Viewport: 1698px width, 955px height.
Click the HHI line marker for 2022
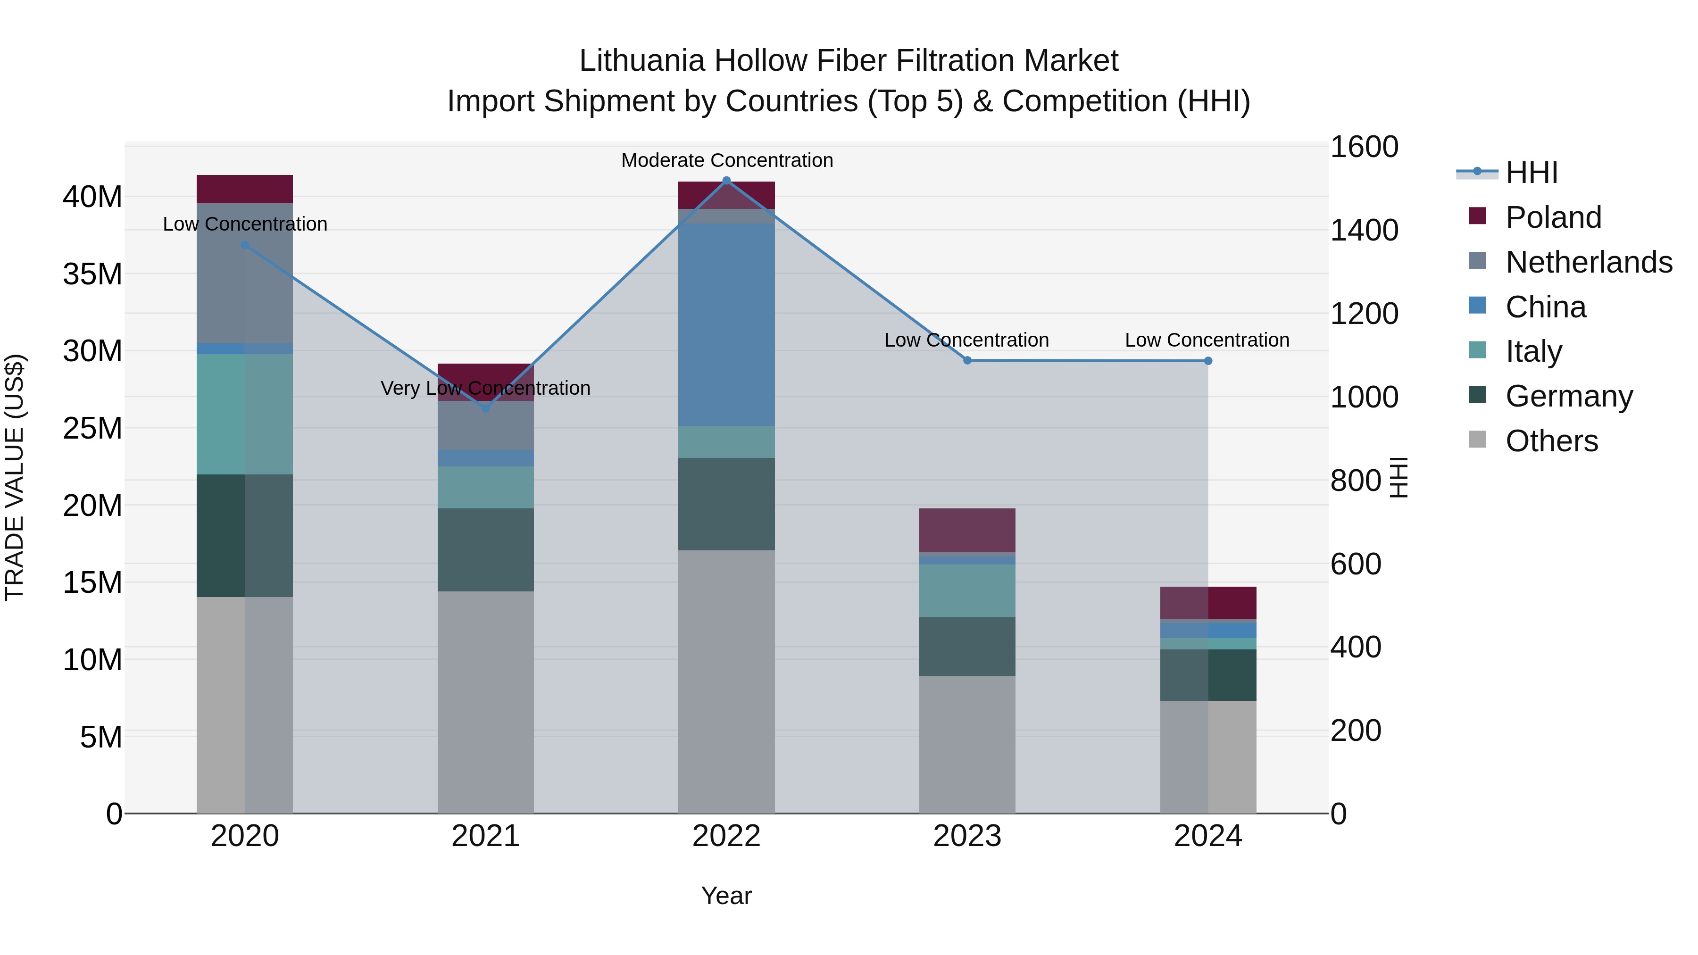(726, 181)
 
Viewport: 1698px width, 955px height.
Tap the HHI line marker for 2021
(486, 408)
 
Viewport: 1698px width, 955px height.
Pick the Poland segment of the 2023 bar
(967, 530)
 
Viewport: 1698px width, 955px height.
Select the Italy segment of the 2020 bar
(244, 414)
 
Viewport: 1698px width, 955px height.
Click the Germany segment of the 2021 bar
(486, 550)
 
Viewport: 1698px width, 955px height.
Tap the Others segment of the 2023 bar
(967, 744)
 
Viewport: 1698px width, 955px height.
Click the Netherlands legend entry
(1589, 262)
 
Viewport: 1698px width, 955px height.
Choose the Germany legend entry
(1569, 396)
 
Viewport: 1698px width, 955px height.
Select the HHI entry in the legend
(1531, 173)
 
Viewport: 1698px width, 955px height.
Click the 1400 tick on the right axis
(1364, 230)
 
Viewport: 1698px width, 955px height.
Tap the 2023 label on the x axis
(967, 836)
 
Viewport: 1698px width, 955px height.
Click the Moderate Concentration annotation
(726, 160)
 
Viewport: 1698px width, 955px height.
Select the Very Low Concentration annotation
(486, 388)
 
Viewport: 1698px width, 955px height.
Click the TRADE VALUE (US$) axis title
(15, 477)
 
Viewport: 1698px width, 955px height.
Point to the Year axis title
(726, 896)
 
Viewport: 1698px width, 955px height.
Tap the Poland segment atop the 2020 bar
(244, 189)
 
